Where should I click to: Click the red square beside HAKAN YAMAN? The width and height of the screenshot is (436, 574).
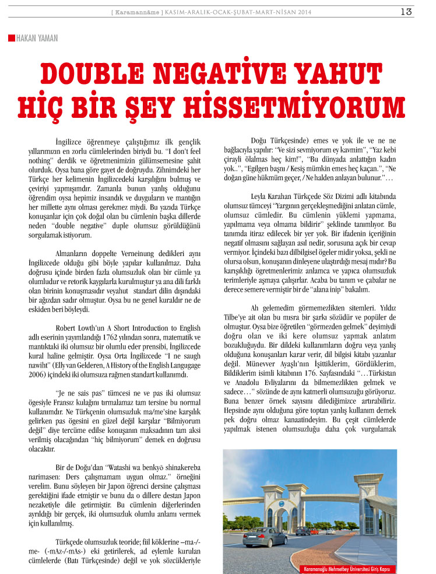pos(11,38)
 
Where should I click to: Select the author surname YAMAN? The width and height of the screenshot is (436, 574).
pos(46,38)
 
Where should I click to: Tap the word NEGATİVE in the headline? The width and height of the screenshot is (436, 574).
pos(199,74)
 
